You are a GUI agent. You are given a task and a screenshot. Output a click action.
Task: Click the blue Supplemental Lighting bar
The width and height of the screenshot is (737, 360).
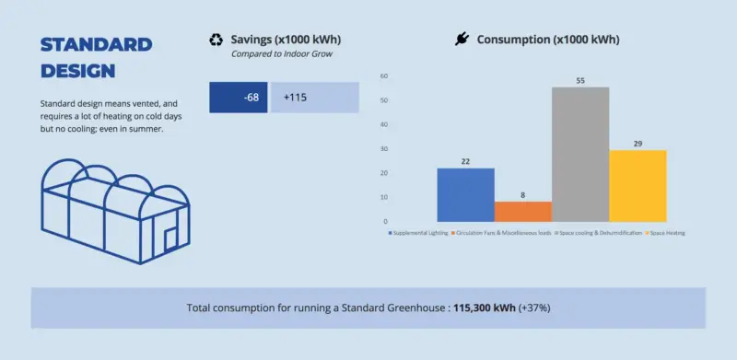[465, 194]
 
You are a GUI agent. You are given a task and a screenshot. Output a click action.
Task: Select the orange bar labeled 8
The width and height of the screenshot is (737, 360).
[523, 212]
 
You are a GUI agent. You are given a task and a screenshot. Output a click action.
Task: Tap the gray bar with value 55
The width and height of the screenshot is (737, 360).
[580, 154]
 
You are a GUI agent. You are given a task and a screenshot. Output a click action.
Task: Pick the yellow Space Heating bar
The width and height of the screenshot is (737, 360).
[638, 185]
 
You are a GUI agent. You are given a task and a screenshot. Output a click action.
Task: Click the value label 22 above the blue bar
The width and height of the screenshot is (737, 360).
[465, 162]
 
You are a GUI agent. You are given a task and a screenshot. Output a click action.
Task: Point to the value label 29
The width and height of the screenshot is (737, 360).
[638, 144]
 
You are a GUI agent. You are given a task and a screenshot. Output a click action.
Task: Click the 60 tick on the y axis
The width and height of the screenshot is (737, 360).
[383, 76]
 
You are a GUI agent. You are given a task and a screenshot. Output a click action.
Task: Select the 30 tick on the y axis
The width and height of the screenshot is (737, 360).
[383, 148]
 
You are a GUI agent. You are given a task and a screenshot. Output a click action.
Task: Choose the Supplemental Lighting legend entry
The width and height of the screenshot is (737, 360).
[415, 234]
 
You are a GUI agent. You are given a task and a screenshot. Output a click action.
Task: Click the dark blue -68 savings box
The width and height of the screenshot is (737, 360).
[239, 98]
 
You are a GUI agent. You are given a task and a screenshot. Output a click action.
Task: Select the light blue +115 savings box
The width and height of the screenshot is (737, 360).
[313, 98]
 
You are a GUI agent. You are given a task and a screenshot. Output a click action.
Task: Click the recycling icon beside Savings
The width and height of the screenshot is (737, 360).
[216, 40]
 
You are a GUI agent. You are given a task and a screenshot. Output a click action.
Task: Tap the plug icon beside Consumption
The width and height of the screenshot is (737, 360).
[462, 40]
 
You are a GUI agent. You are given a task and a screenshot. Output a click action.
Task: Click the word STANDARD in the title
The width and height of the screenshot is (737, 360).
[97, 45]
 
